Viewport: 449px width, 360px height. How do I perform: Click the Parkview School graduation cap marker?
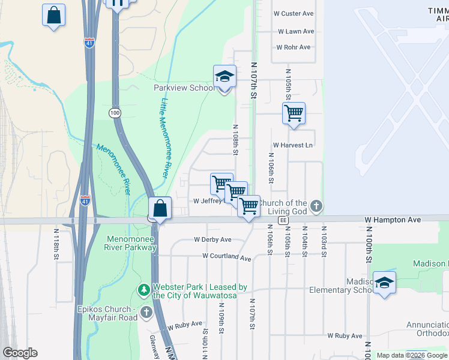pyautogui.click(x=224, y=77)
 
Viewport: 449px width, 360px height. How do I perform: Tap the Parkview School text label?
pyautogui.click(x=184, y=88)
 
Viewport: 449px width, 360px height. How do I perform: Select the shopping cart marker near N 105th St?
pyautogui.click(x=294, y=113)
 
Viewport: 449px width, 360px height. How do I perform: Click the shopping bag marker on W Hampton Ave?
pyautogui.click(x=160, y=209)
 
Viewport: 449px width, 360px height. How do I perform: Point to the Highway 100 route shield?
pyautogui.click(x=115, y=113)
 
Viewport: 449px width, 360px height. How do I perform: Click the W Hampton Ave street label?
pyautogui.click(x=393, y=220)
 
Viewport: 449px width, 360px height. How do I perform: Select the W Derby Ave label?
pyautogui.click(x=212, y=239)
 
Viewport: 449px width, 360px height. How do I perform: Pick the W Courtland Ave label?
pyautogui.click(x=226, y=257)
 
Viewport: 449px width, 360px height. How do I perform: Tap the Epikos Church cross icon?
pyautogui.click(x=146, y=313)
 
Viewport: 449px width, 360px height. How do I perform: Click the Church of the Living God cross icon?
pyautogui.click(x=316, y=207)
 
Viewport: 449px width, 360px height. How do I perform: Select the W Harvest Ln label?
pyautogui.click(x=293, y=145)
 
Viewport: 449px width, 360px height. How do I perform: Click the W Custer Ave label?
pyautogui.click(x=294, y=13)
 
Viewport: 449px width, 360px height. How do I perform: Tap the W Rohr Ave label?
pyautogui.click(x=293, y=47)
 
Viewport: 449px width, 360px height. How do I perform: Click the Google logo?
pyautogui.click(x=19, y=353)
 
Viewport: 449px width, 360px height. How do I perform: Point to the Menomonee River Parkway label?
pyautogui.click(x=130, y=242)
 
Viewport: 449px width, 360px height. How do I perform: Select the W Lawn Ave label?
pyautogui.click(x=296, y=31)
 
